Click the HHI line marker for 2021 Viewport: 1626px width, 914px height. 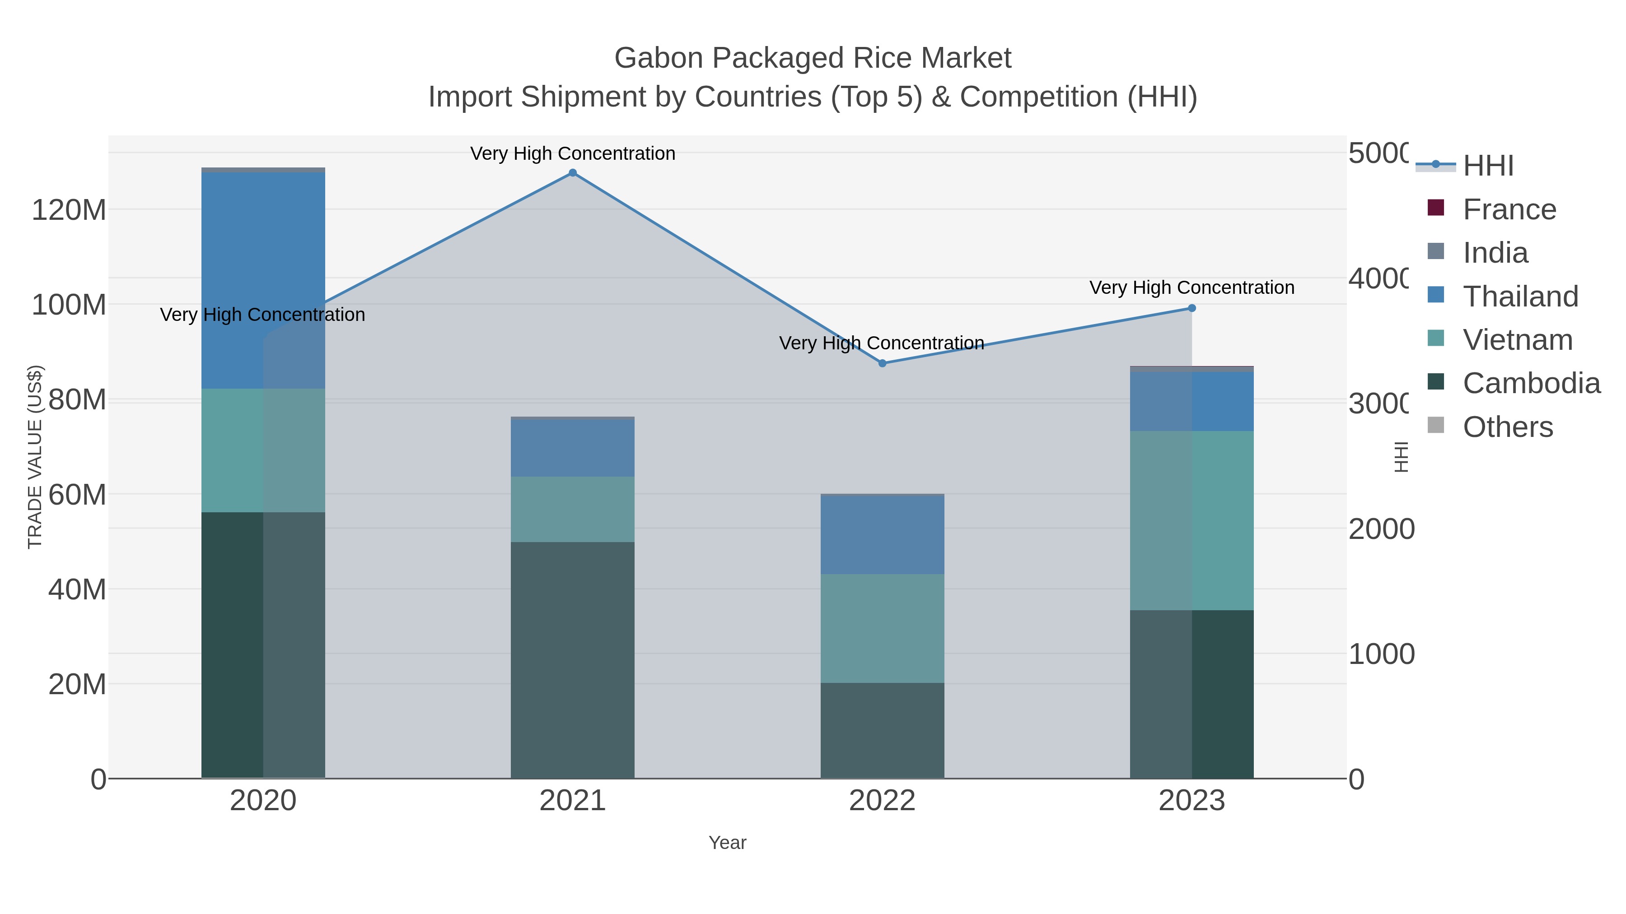pyautogui.click(x=573, y=173)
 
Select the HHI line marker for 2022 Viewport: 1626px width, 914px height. pyautogui.click(x=883, y=363)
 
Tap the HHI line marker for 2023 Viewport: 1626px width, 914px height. pyautogui.click(x=1192, y=308)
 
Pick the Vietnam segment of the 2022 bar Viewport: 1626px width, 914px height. pyautogui.click(x=883, y=628)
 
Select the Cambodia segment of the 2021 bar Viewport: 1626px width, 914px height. pyautogui.click(x=573, y=660)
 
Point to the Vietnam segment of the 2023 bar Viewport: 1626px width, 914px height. pyautogui.click(x=1192, y=520)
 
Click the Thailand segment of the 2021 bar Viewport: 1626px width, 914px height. pyautogui.click(x=573, y=449)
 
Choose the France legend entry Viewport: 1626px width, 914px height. pyautogui.click(x=1509, y=209)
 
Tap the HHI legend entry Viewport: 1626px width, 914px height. pyautogui.click(x=1488, y=166)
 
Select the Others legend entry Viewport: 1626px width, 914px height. pyautogui.click(x=1507, y=427)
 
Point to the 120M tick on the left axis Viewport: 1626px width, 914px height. pyautogui.click(x=69, y=210)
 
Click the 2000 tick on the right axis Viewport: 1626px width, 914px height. pyautogui.click(x=1381, y=529)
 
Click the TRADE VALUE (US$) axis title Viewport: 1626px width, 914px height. pyautogui.click(x=35, y=457)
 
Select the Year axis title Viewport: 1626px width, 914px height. pyautogui.click(x=727, y=843)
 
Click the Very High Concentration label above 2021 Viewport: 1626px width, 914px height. pyautogui.click(x=573, y=153)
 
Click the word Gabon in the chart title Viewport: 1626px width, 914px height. pyautogui.click(x=659, y=58)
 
